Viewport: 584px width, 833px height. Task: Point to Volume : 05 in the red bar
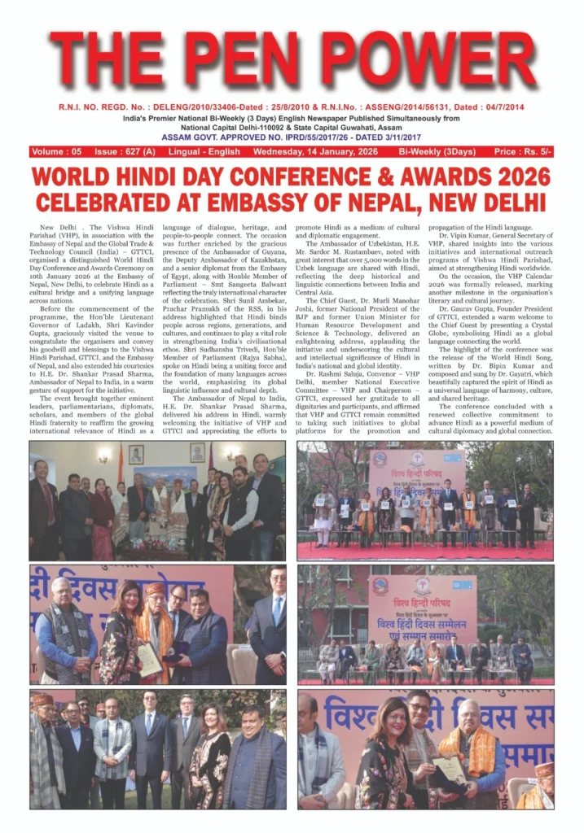[x=57, y=151]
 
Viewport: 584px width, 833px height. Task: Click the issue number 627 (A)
[x=125, y=151]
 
